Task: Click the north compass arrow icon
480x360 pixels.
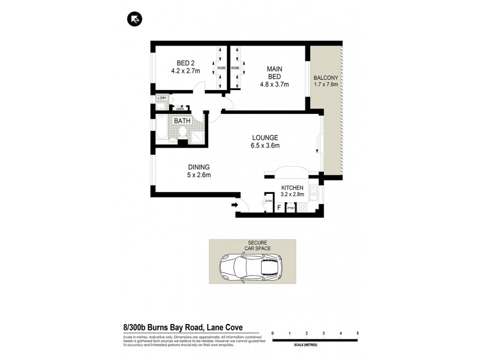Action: click(135, 20)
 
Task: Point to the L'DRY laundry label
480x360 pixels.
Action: click(161, 98)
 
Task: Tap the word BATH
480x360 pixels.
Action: click(182, 121)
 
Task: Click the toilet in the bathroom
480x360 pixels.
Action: click(173, 139)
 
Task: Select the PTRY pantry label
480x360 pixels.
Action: click(291, 208)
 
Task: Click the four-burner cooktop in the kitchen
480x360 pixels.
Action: click(304, 208)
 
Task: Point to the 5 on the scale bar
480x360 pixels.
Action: click(358, 332)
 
